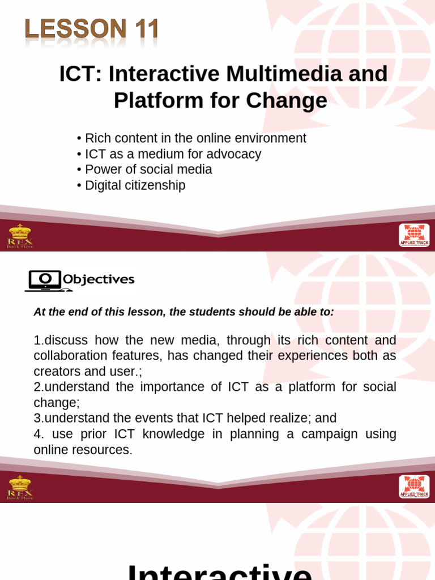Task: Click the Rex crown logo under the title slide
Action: [x=20, y=235]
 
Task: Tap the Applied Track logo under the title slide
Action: [x=414, y=235]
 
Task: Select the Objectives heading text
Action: [x=99, y=279]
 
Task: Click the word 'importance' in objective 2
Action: [x=170, y=387]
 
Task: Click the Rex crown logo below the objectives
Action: [x=20, y=487]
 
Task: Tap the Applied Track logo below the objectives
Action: [x=414, y=487]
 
